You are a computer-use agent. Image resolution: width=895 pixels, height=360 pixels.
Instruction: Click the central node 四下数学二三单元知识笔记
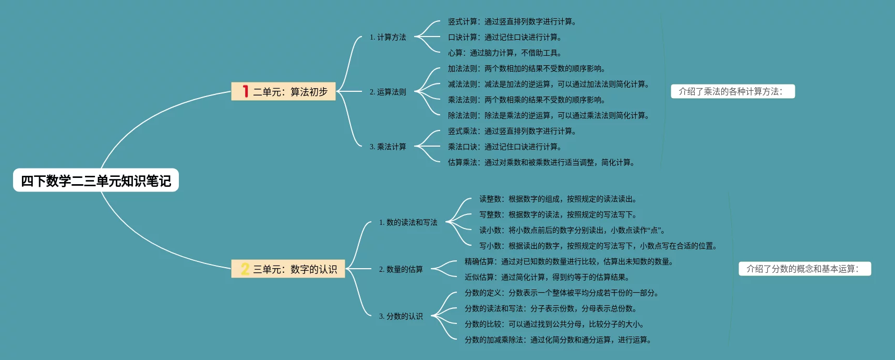pyautogui.click(x=96, y=181)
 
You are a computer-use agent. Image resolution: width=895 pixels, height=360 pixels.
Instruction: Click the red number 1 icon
pyautogui.click(x=245, y=92)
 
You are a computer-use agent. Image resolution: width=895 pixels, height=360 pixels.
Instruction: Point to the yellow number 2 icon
pyautogui.click(x=245, y=269)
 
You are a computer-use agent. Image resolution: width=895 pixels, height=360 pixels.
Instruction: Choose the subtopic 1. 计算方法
pyautogui.click(x=388, y=38)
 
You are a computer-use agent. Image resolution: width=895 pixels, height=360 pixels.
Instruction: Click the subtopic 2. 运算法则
pyautogui.click(x=388, y=92)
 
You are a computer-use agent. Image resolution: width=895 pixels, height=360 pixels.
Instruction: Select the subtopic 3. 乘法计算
pyautogui.click(x=388, y=147)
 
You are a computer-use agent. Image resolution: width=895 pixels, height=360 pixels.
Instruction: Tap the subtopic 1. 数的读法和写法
pyautogui.click(x=408, y=223)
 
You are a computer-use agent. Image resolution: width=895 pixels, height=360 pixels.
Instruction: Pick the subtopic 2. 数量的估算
pyautogui.click(x=401, y=270)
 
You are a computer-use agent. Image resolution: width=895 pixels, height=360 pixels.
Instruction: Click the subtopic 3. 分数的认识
pyautogui.click(x=401, y=317)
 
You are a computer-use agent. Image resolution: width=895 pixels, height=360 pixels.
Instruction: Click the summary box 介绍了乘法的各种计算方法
pyautogui.click(x=732, y=92)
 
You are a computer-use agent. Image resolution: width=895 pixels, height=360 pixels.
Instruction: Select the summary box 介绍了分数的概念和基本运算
pyautogui.click(x=804, y=269)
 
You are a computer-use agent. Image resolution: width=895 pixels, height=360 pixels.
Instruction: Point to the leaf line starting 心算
pyautogui.click(x=504, y=53)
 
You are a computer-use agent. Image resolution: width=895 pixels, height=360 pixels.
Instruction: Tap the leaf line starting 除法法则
pyautogui.click(x=548, y=116)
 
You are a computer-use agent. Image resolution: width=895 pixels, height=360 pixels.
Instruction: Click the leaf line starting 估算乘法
pyautogui.click(x=541, y=163)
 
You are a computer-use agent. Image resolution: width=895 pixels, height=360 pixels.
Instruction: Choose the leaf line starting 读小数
pyautogui.click(x=572, y=231)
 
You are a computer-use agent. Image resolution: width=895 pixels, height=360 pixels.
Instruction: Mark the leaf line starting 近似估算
pyautogui.click(x=547, y=278)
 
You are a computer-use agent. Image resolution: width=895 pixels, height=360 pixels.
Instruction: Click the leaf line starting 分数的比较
pyautogui.click(x=554, y=325)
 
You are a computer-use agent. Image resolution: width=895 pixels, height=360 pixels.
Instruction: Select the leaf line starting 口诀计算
pyautogui.click(x=504, y=38)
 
